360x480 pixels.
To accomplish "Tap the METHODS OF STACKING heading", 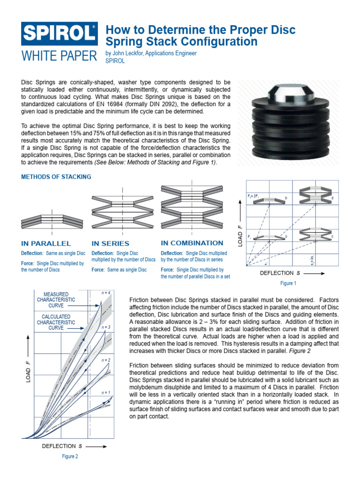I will pyautogui.click(x=56, y=177).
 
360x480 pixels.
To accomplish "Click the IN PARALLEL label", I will pyautogui.click(x=46, y=243).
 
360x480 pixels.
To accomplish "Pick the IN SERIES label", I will pyautogui.click(x=110, y=243).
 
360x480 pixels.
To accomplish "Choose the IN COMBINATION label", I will pyautogui.click(x=192, y=243).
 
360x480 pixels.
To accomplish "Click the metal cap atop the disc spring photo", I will pyautogui.click(x=286, y=95).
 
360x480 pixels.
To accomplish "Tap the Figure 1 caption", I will pyautogui.click(x=288, y=283).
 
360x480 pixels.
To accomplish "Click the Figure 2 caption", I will pyautogui.click(x=70, y=456).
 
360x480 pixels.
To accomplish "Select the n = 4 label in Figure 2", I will pyautogui.click(x=106, y=292).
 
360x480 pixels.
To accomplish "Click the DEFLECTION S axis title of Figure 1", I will pyautogui.click(x=281, y=272).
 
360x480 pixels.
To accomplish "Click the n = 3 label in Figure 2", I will pyautogui.click(x=106, y=326).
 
